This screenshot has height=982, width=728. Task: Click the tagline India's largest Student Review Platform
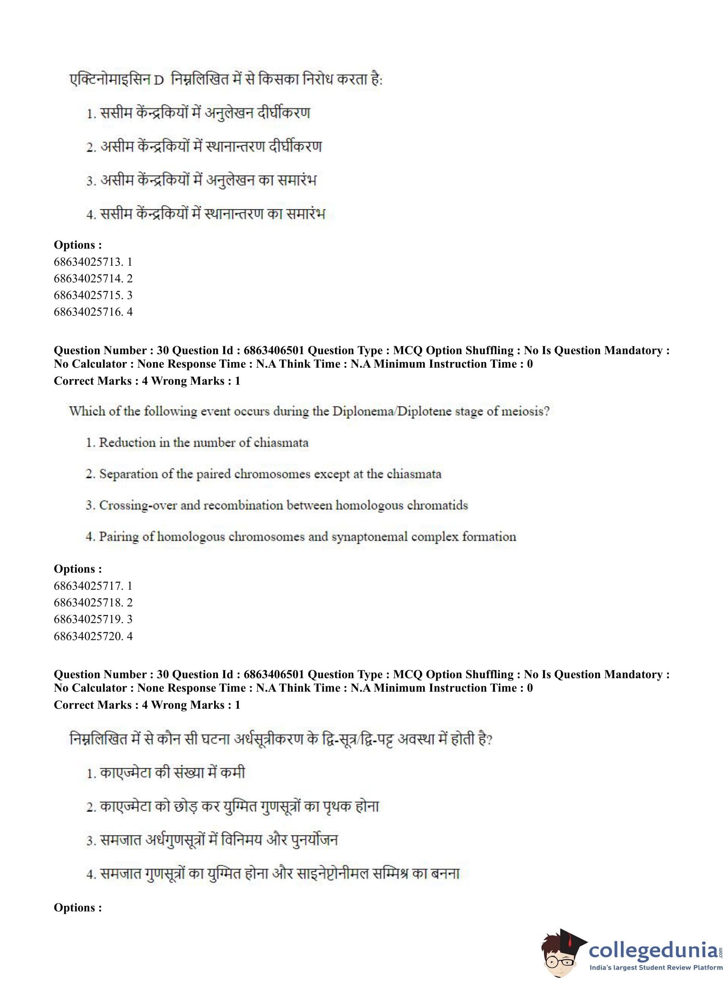click(656, 967)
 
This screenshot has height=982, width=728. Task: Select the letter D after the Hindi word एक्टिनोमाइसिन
click(159, 81)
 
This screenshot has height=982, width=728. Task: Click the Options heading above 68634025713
click(78, 245)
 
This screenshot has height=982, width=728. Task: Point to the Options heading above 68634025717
click(78, 569)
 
